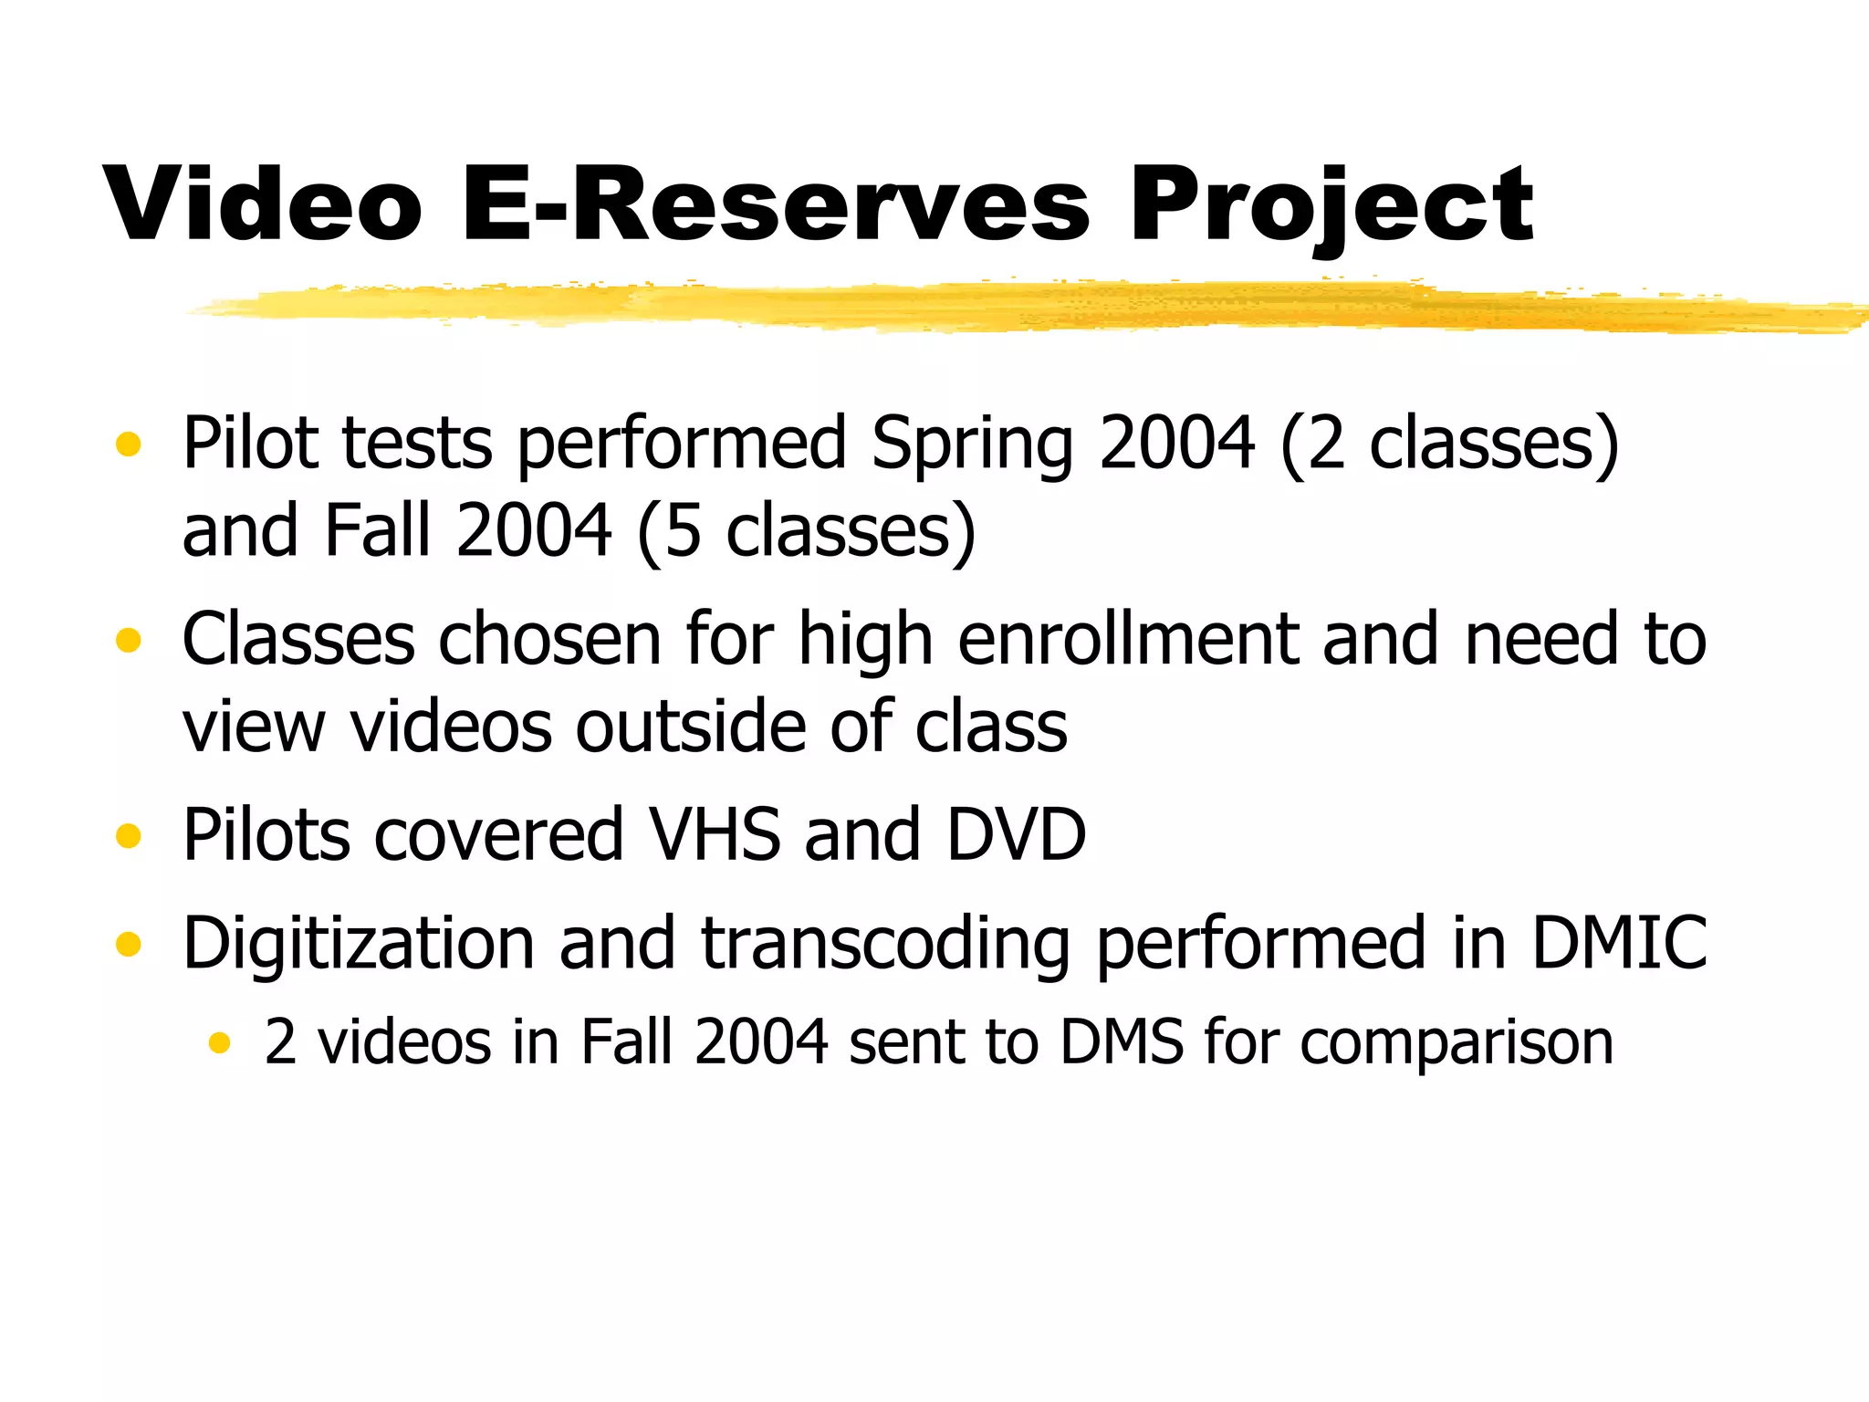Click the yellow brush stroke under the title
point(1004,306)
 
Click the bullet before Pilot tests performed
point(129,445)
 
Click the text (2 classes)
point(1449,445)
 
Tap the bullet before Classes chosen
point(129,640)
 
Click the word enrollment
point(1128,640)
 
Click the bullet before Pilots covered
point(129,835)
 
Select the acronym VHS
point(714,835)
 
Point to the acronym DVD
point(1016,835)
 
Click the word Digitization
point(359,943)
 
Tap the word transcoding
point(886,943)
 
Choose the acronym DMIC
point(1618,943)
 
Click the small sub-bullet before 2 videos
point(219,1042)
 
